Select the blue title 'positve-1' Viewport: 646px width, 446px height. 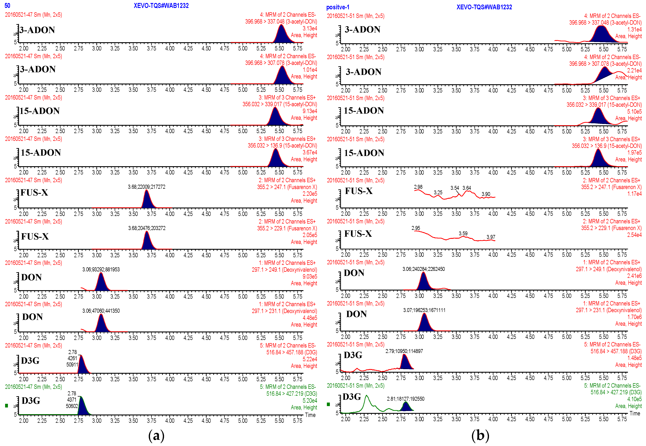[x=338, y=7]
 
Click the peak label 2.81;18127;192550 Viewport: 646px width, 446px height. [x=405, y=399]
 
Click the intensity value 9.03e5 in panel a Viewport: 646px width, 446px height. [x=310, y=276]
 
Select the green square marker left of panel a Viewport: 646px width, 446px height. [x=7, y=406]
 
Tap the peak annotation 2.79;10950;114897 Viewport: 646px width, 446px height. [x=404, y=351]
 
